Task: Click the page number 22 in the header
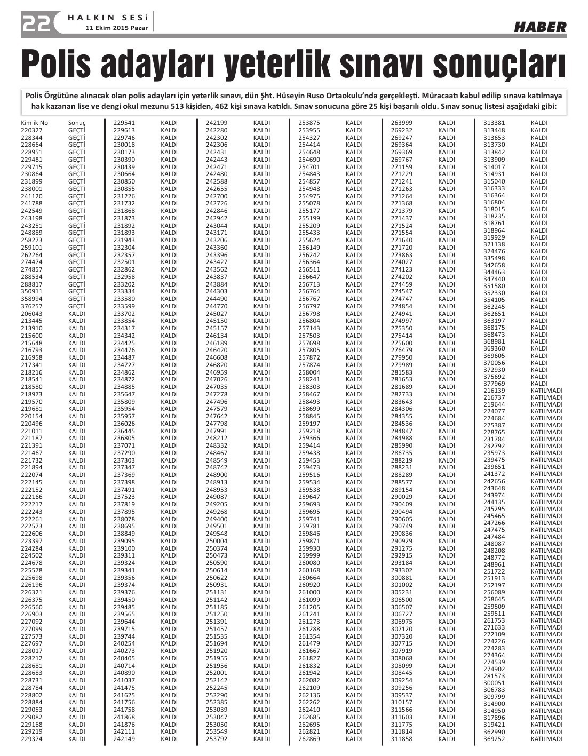coord(37,23)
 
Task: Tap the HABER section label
coord(540,27)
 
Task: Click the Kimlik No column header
coord(35,123)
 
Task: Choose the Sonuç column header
coord(77,123)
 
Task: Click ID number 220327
coord(31,130)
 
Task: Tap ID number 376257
coord(31,306)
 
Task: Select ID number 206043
coord(31,314)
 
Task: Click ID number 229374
coord(31,739)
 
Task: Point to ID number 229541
coord(124,123)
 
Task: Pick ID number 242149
coord(124,739)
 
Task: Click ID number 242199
coord(217,123)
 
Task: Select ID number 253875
coord(309,123)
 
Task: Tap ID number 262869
coord(309,739)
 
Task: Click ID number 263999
coord(401,123)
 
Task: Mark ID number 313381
coord(494,123)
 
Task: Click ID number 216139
coord(494,391)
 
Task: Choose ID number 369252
coord(494,739)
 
